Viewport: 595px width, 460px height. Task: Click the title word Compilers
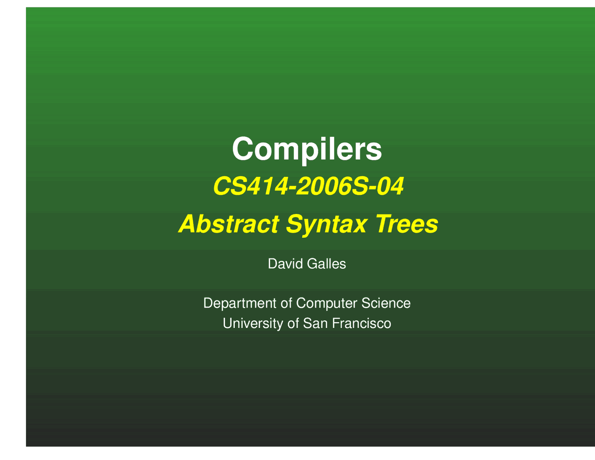point(307,149)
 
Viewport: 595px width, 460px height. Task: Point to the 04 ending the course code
point(390,187)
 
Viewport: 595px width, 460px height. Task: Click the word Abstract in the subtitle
point(229,224)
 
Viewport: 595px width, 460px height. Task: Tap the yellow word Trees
point(407,224)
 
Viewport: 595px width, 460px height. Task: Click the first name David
point(285,264)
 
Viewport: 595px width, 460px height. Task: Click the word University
point(253,323)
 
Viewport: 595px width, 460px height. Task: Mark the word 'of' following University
point(293,323)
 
